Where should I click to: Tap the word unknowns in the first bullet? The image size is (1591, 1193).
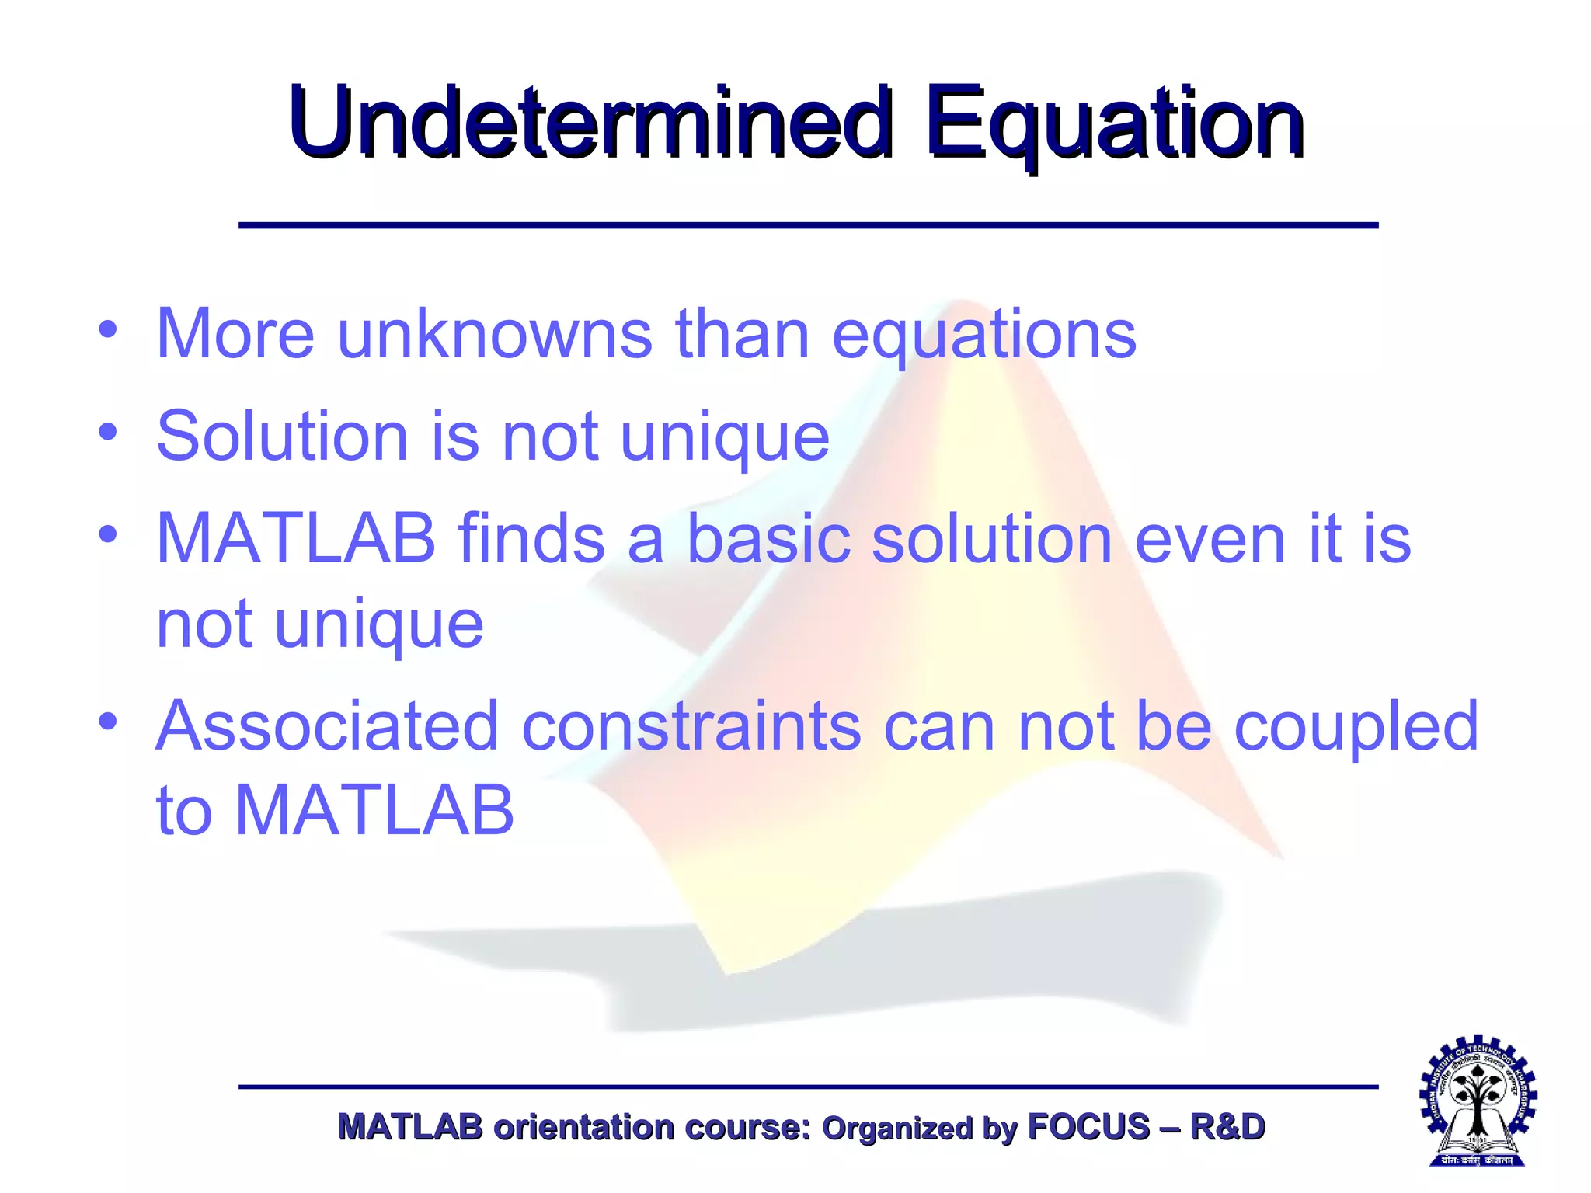[x=495, y=334]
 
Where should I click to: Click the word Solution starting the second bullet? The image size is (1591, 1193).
[x=282, y=436]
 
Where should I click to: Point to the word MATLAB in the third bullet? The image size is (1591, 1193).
[x=296, y=538]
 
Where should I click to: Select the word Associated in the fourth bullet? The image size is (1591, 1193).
[x=327, y=725]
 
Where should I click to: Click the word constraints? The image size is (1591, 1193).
[x=691, y=725]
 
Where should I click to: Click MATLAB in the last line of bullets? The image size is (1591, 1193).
[x=374, y=810]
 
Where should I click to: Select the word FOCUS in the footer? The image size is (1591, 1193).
[x=1088, y=1127]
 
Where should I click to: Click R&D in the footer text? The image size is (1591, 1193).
[x=1227, y=1127]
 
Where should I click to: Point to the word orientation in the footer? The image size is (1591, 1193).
[x=583, y=1127]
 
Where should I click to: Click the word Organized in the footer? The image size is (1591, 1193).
[x=897, y=1129]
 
